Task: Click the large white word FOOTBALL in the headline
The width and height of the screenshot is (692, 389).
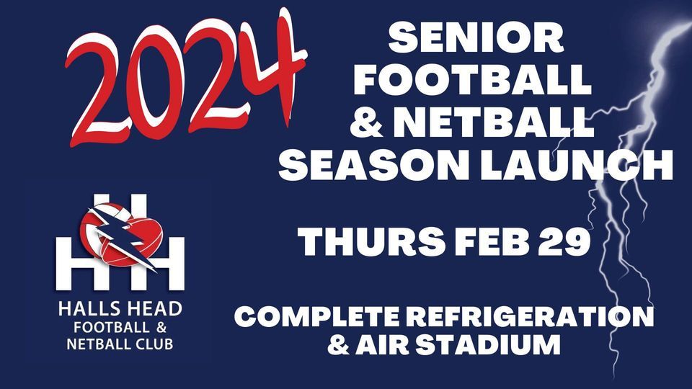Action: [x=472, y=81]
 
